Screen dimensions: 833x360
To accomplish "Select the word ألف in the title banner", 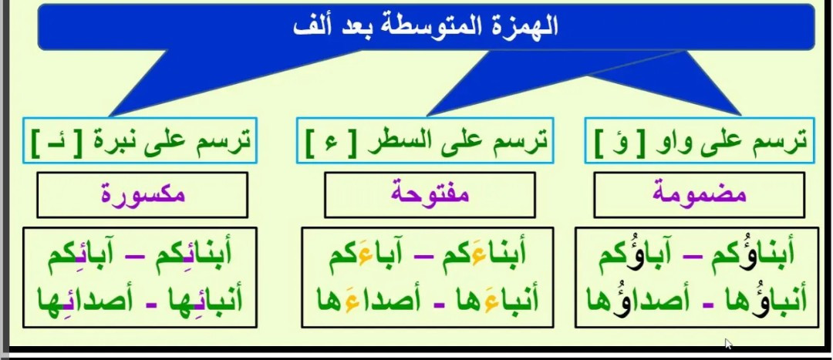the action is (309, 26).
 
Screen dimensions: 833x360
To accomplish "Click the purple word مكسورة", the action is (143, 193).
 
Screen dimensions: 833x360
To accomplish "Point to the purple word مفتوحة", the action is (430, 193).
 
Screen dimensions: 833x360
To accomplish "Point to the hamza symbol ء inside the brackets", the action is (332, 143).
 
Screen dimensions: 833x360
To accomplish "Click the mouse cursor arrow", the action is (728, 343).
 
